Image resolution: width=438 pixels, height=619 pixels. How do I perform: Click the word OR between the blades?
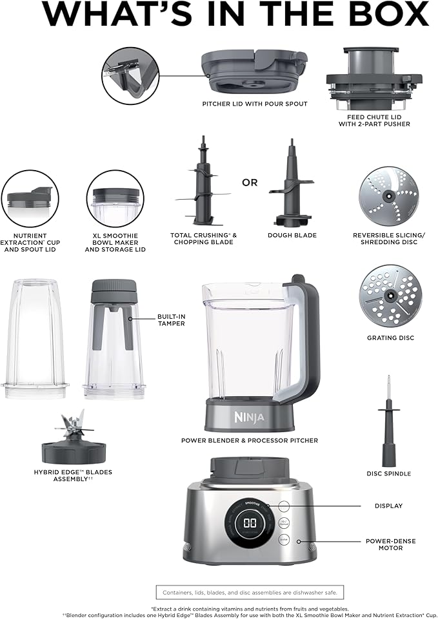250,182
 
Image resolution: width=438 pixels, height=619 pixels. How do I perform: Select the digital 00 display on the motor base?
248,523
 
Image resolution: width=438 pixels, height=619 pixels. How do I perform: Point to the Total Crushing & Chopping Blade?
203,184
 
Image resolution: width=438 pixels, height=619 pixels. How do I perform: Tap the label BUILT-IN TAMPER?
171,320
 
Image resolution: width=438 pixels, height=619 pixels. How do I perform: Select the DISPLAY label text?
388,506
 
